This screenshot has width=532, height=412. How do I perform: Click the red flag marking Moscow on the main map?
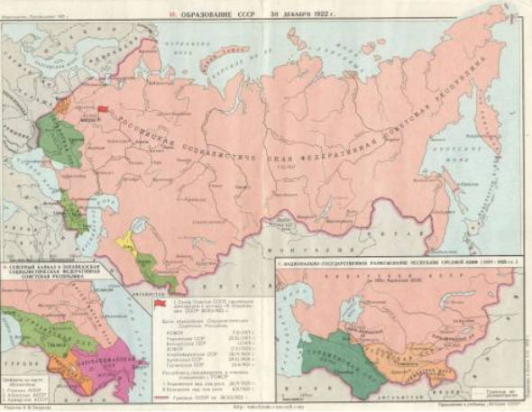click(103, 109)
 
